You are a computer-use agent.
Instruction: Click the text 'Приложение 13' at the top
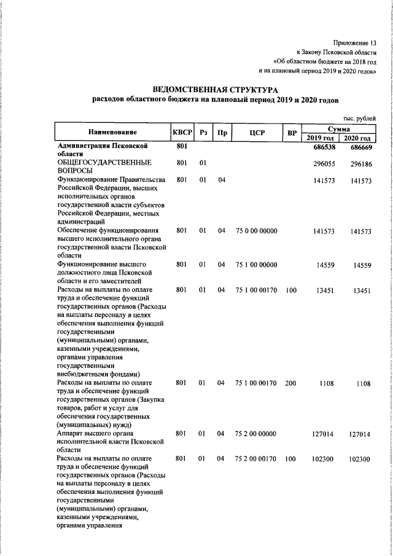click(354, 42)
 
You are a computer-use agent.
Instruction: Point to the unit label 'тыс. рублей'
click(359, 118)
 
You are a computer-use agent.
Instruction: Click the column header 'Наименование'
click(112, 132)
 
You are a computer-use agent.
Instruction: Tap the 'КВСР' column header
click(182, 132)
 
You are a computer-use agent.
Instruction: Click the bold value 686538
click(324, 147)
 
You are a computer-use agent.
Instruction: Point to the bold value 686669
click(360, 147)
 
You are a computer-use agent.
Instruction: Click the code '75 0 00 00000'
click(257, 230)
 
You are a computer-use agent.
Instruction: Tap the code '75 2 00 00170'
click(257, 458)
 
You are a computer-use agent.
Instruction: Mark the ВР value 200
click(291, 383)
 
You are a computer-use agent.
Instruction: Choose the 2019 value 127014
click(324, 434)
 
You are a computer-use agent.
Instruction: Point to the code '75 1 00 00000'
click(257, 264)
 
